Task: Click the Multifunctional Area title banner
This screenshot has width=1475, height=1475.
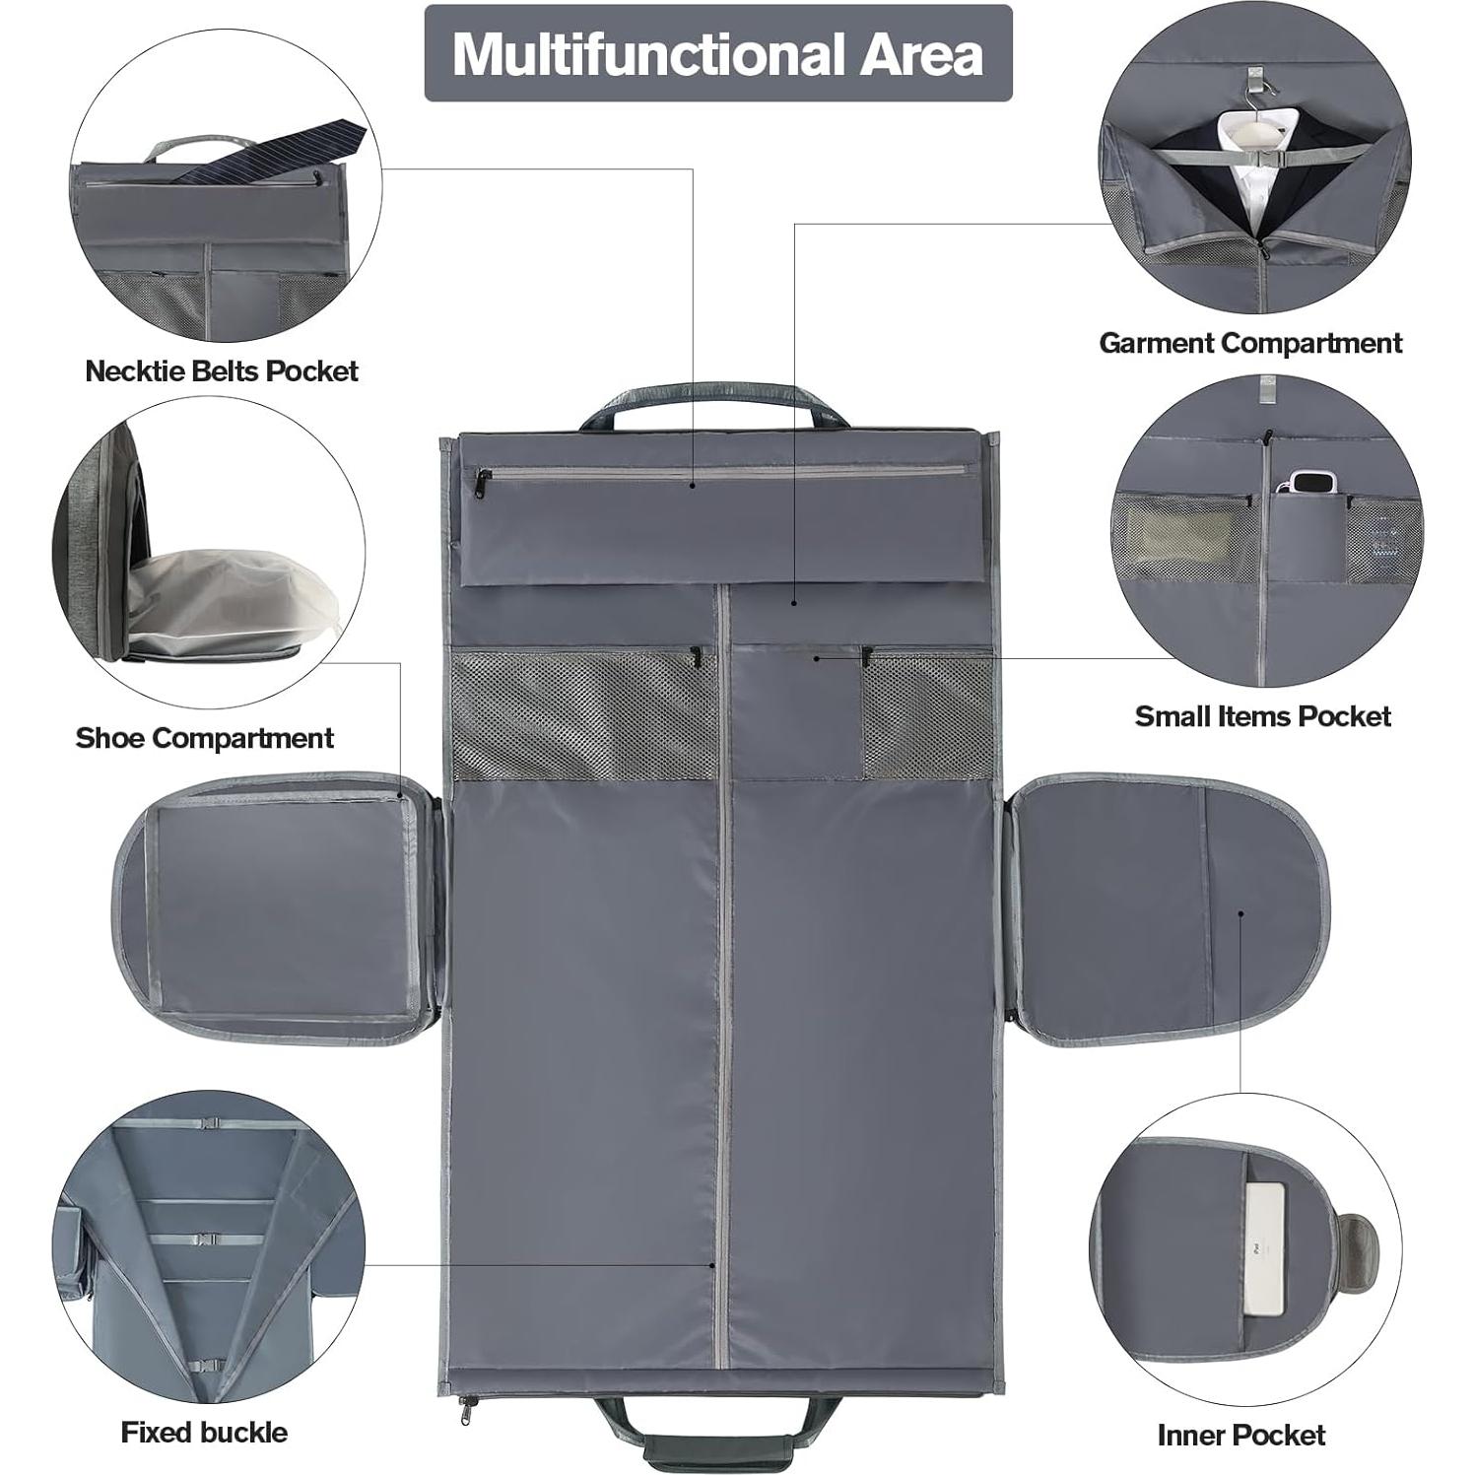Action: [x=717, y=54]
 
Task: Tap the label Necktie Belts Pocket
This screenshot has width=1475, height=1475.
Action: [x=222, y=371]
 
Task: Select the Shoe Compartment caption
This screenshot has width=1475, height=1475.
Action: [x=205, y=738]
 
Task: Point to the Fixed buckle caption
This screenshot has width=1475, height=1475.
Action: [x=204, y=1432]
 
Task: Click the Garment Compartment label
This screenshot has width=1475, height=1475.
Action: [x=1250, y=343]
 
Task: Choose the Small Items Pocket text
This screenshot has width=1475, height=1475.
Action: [x=1262, y=716]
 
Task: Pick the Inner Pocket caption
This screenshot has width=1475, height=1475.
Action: [x=1240, y=1435]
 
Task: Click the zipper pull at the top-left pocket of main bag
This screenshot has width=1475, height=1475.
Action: [x=483, y=480]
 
